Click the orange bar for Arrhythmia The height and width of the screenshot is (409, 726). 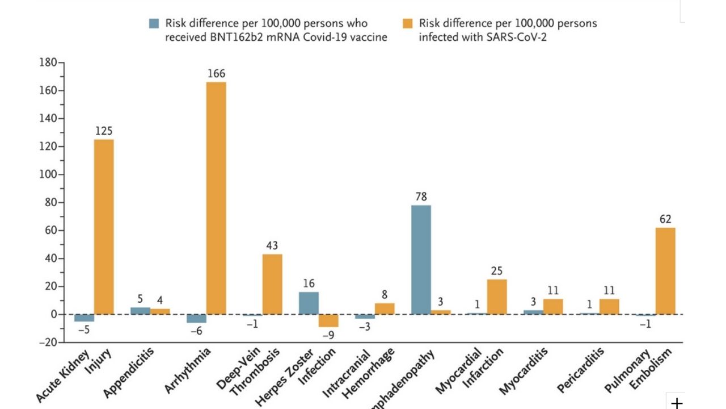(x=216, y=198)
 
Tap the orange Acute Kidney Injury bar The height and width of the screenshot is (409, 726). (x=104, y=227)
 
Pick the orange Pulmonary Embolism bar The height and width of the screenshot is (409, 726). (x=665, y=271)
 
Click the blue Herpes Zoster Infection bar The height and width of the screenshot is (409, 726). (x=309, y=303)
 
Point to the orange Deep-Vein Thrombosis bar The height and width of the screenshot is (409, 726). (x=272, y=284)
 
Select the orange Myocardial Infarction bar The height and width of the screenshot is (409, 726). (x=497, y=297)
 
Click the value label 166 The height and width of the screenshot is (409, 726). (x=216, y=74)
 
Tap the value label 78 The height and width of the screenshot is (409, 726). (x=421, y=197)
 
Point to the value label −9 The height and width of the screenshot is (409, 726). (x=328, y=336)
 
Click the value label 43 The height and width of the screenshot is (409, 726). (x=272, y=245)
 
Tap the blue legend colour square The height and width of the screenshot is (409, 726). (x=154, y=23)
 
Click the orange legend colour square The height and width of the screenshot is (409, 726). (x=407, y=23)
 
